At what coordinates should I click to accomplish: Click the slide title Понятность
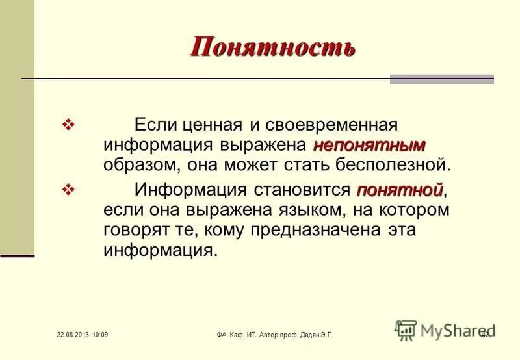tap(273, 47)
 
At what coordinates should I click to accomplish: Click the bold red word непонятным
tap(369, 144)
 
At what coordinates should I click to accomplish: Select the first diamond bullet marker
tap(68, 124)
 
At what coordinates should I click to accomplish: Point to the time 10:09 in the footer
tap(100, 335)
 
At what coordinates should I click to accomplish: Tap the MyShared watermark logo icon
tap(406, 330)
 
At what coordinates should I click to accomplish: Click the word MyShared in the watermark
tap(452, 330)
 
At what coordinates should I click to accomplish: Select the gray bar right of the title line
tap(442, 79)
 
